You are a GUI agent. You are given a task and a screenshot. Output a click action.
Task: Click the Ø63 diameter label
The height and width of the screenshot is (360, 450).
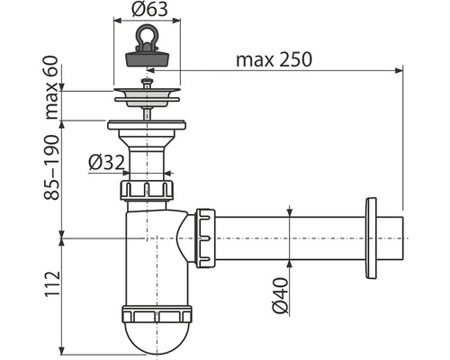click(x=149, y=10)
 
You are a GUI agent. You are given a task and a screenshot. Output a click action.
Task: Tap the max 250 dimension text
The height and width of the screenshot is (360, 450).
click(x=274, y=59)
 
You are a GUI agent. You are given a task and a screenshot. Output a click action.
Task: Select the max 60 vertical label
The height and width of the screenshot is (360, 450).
click(x=51, y=87)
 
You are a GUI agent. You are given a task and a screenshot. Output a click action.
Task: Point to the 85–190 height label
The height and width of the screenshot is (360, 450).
click(x=51, y=167)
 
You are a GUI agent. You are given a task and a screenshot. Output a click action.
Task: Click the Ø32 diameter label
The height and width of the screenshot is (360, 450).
click(x=106, y=164)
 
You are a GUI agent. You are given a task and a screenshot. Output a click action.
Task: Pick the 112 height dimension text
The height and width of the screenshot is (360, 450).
click(x=52, y=284)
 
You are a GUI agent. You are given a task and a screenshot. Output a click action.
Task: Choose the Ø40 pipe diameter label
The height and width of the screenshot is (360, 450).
click(x=280, y=296)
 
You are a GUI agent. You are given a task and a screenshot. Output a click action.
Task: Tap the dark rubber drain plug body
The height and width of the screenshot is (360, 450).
click(x=147, y=58)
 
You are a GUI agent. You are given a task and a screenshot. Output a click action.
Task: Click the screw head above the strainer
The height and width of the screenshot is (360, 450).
click(x=147, y=81)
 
